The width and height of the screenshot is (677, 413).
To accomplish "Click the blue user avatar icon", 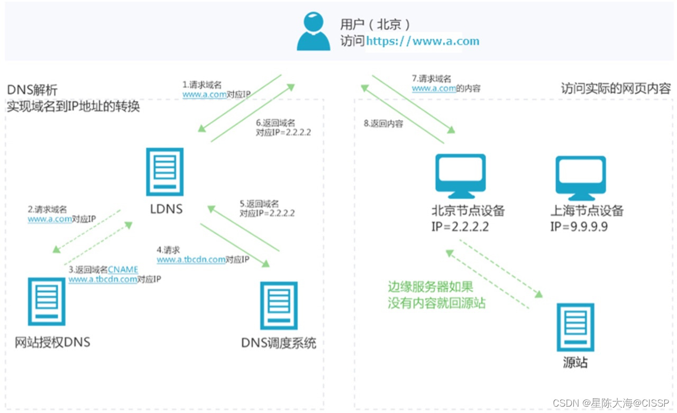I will pyautogui.click(x=313, y=32).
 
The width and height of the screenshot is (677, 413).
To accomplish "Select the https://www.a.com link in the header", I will pyautogui.click(x=423, y=41).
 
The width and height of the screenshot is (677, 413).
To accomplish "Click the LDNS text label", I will pyautogui.click(x=167, y=209).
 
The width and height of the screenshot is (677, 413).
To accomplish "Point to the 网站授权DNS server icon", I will pyautogui.click(x=47, y=302).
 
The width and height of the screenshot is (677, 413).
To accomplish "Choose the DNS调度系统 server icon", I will pyautogui.click(x=279, y=306).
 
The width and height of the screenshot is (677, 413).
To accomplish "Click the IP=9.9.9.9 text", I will pyautogui.click(x=579, y=227).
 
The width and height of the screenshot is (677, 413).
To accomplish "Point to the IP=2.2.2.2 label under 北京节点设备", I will pyautogui.click(x=460, y=227).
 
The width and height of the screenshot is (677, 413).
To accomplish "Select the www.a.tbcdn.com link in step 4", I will pyautogui.click(x=191, y=260).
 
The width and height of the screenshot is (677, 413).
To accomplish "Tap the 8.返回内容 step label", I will pyautogui.click(x=383, y=124).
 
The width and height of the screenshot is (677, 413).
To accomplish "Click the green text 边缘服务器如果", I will pyautogui.click(x=431, y=287).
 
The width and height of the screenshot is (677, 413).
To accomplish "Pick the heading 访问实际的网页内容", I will pyautogui.click(x=616, y=88).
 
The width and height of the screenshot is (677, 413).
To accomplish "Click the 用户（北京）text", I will pyautogui.click(x=375, y=24).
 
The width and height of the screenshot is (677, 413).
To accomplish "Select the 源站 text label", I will pyautogui.click(x=574, y=363).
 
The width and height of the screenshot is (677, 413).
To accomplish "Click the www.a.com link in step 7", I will pyautogui.click(x=434, y=89).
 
